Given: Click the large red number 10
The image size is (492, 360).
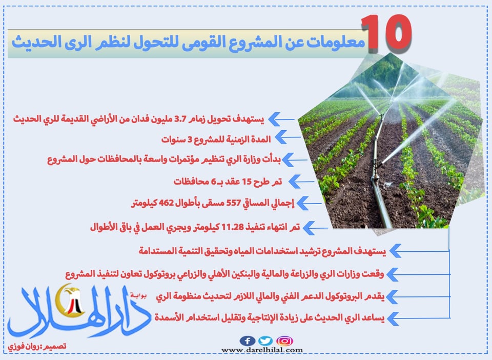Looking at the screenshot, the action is (386, 33).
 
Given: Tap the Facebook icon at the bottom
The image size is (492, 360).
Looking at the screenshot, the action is (247, 341).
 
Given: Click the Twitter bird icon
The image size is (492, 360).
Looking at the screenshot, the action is (265, 341).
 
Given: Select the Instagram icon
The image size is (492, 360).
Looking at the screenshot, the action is (284, 341).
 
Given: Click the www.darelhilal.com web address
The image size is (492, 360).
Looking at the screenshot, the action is (262, 350).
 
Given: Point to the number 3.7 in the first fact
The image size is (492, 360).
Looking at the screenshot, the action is (180, 119).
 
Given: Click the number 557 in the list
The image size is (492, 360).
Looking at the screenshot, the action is (233, 203).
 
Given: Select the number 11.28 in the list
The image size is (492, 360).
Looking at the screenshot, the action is (233, 227).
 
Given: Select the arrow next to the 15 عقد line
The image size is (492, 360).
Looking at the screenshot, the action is (301, 182).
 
